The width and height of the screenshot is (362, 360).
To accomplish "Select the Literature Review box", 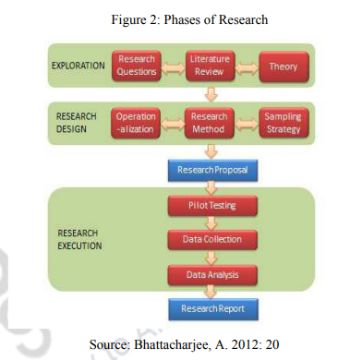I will coord(209,66).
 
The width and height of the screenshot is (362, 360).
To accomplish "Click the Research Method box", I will coord(209,124).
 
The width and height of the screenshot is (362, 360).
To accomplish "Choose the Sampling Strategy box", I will coord(283,124).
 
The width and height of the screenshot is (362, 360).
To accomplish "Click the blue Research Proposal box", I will coord(209,170).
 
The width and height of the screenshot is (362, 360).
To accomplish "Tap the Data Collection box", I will coord(209,239).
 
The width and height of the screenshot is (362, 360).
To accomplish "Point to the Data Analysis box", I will coord(209,274).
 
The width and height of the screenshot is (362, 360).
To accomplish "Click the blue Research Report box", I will coord(209,308).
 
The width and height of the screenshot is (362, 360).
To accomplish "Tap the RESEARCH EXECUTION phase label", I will coord(83,239).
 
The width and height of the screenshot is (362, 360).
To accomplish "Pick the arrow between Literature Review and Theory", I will coord(246,66).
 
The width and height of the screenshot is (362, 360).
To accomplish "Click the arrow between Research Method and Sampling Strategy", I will coord(246,124).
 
